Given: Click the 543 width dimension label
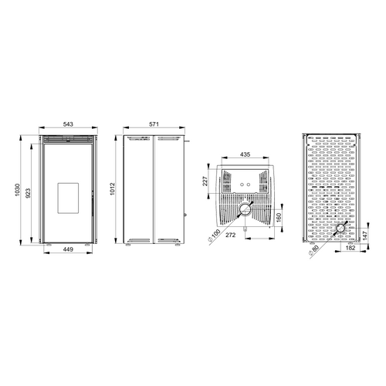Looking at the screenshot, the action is tap(68, 124).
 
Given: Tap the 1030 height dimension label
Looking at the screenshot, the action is tap(17, 190).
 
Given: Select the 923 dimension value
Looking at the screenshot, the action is tap(28, 193).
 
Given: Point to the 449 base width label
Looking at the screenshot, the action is tap(68, 249).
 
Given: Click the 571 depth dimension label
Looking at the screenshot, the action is tap(154, 124).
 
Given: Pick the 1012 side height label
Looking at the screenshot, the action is tap(112, 189).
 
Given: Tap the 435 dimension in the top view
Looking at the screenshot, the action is tap(245, 154).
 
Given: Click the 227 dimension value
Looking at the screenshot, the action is tap(205, 181).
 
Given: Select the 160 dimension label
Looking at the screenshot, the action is tap(279, 218).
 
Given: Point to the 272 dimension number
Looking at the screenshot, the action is tap(231, 235).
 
